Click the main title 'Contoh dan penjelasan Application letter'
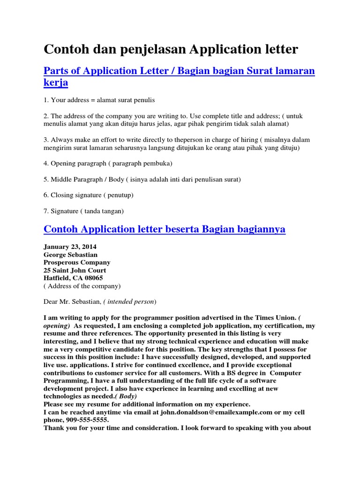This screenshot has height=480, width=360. click(171, 49)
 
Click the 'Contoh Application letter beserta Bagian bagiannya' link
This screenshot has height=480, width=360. click(164, 229)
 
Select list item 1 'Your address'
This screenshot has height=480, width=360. click(99, 100)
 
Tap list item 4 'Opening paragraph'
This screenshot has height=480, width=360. click(108, 163)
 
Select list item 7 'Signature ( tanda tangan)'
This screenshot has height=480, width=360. click(83, 211)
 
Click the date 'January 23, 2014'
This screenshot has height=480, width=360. click(70, 247)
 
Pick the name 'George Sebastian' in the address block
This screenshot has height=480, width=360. click(71, 255)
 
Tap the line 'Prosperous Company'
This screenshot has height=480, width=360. click(77, 262)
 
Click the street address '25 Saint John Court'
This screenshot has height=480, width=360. click(75, 270)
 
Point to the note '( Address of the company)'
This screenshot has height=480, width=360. click(82, 285)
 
